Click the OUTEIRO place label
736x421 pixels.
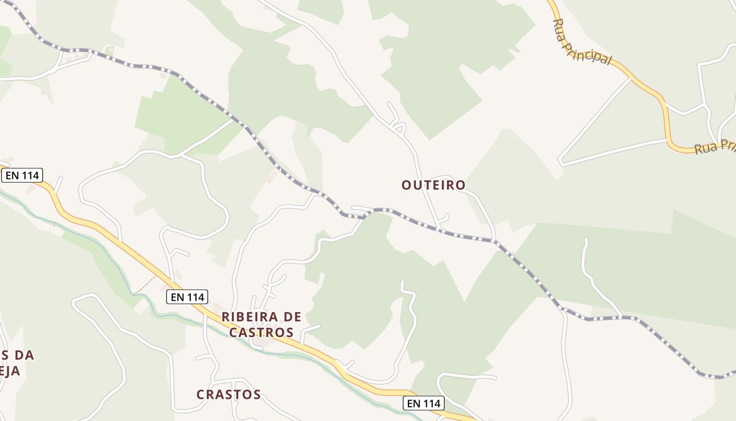coord(433,185)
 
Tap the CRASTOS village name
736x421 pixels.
coord(229,394)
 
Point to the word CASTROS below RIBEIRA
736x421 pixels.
coord(261,333)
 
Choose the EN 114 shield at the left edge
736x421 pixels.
coord(22,175)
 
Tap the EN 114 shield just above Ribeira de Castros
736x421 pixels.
coord(187,297)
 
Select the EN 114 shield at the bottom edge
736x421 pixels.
coord(424,404)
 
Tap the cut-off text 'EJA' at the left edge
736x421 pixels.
coord(10,371)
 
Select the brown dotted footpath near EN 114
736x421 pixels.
coord(145,285)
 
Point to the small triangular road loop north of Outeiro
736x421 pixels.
coord(400,127)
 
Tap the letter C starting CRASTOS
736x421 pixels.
coord(201,394)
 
